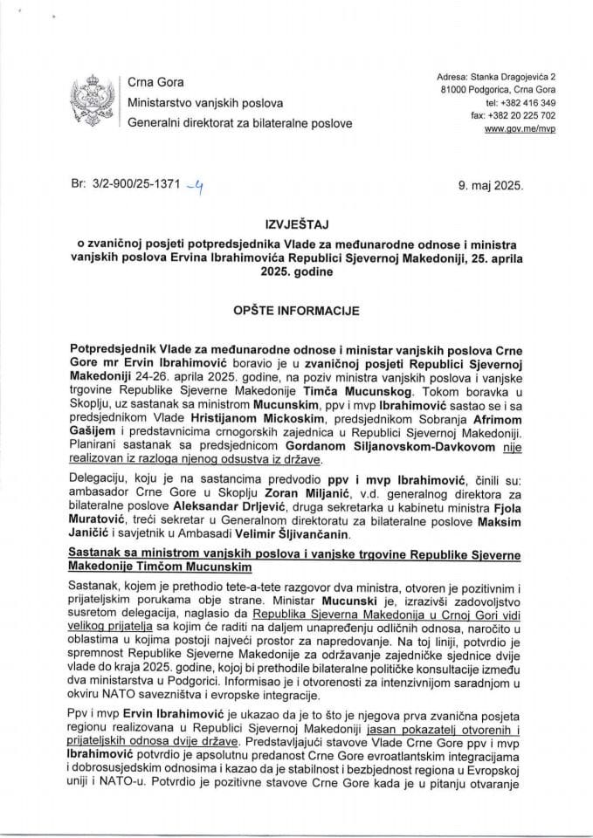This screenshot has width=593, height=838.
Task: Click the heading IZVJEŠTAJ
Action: click(296, 223)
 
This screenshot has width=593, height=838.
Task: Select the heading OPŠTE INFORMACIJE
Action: click(296, 310)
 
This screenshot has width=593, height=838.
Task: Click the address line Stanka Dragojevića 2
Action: click(495, 78)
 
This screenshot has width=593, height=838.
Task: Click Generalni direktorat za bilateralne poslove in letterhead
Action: click(240, 124)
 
